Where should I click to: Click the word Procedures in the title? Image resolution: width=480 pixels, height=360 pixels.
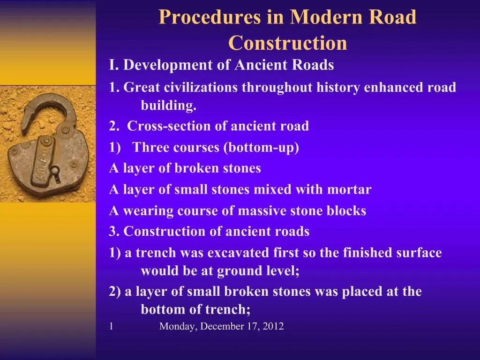(x=209, y=18)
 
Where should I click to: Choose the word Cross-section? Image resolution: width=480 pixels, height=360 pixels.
(x=169, y=127)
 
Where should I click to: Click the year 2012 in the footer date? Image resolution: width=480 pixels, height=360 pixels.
(x=273, y=327)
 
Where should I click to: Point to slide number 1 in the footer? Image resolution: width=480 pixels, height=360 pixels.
(x=111, y=327)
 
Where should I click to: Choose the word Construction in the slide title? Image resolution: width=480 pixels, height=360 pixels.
(x=287, y=43)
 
